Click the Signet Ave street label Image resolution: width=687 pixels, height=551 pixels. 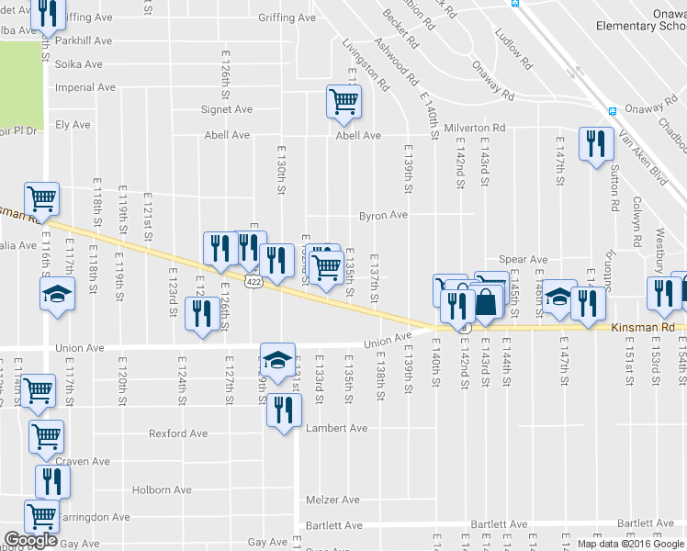227,109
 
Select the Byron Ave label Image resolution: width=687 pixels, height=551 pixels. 383,216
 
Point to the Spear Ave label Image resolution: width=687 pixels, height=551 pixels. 523,260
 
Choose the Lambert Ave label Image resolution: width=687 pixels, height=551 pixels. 337,428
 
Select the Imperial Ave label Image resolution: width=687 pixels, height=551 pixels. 85,87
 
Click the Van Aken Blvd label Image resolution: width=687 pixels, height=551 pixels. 641,156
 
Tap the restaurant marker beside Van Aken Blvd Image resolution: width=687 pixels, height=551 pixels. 596,143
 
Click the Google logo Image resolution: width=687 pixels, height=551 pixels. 30,540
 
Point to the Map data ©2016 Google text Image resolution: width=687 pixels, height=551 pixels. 629,543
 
